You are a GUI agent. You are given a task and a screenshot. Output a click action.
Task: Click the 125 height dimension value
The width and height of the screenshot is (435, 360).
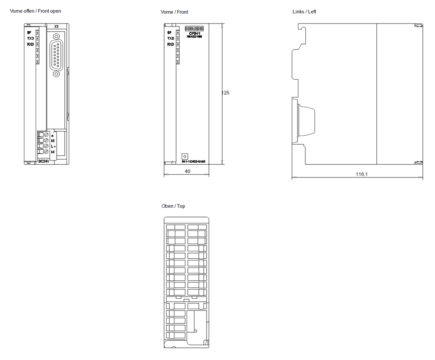point(225,93)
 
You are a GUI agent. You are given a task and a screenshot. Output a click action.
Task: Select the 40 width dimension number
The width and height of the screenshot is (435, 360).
point(187,171)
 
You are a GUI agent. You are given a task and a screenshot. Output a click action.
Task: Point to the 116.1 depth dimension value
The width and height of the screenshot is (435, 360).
point(361,174)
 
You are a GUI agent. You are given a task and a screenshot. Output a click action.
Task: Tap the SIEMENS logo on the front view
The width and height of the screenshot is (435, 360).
point(194,29)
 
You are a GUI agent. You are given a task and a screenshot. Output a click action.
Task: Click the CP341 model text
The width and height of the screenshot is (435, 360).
point(194,33)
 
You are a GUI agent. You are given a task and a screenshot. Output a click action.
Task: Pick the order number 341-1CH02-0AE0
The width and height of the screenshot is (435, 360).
point(193,162)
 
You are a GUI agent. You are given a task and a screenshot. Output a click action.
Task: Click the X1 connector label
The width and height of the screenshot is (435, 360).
point(56,27)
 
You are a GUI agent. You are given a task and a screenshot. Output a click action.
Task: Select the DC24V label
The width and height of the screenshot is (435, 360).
point(43,161)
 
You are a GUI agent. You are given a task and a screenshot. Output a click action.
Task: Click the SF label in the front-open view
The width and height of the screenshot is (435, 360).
point(29,33)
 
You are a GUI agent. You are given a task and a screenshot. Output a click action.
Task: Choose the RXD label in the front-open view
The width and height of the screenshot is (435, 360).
point(30,44)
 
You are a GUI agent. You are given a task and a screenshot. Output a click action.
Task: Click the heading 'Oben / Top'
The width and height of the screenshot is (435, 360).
point(173,206)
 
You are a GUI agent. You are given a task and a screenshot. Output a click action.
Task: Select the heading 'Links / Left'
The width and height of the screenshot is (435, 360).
point(304,12)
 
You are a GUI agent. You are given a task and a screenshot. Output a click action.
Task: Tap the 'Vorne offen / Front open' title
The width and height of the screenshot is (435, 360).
point(36,11)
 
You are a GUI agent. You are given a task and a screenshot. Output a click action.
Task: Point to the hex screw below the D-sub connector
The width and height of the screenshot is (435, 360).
point(56,74)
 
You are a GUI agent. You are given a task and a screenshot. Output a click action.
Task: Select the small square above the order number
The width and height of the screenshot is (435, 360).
point(184,156)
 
